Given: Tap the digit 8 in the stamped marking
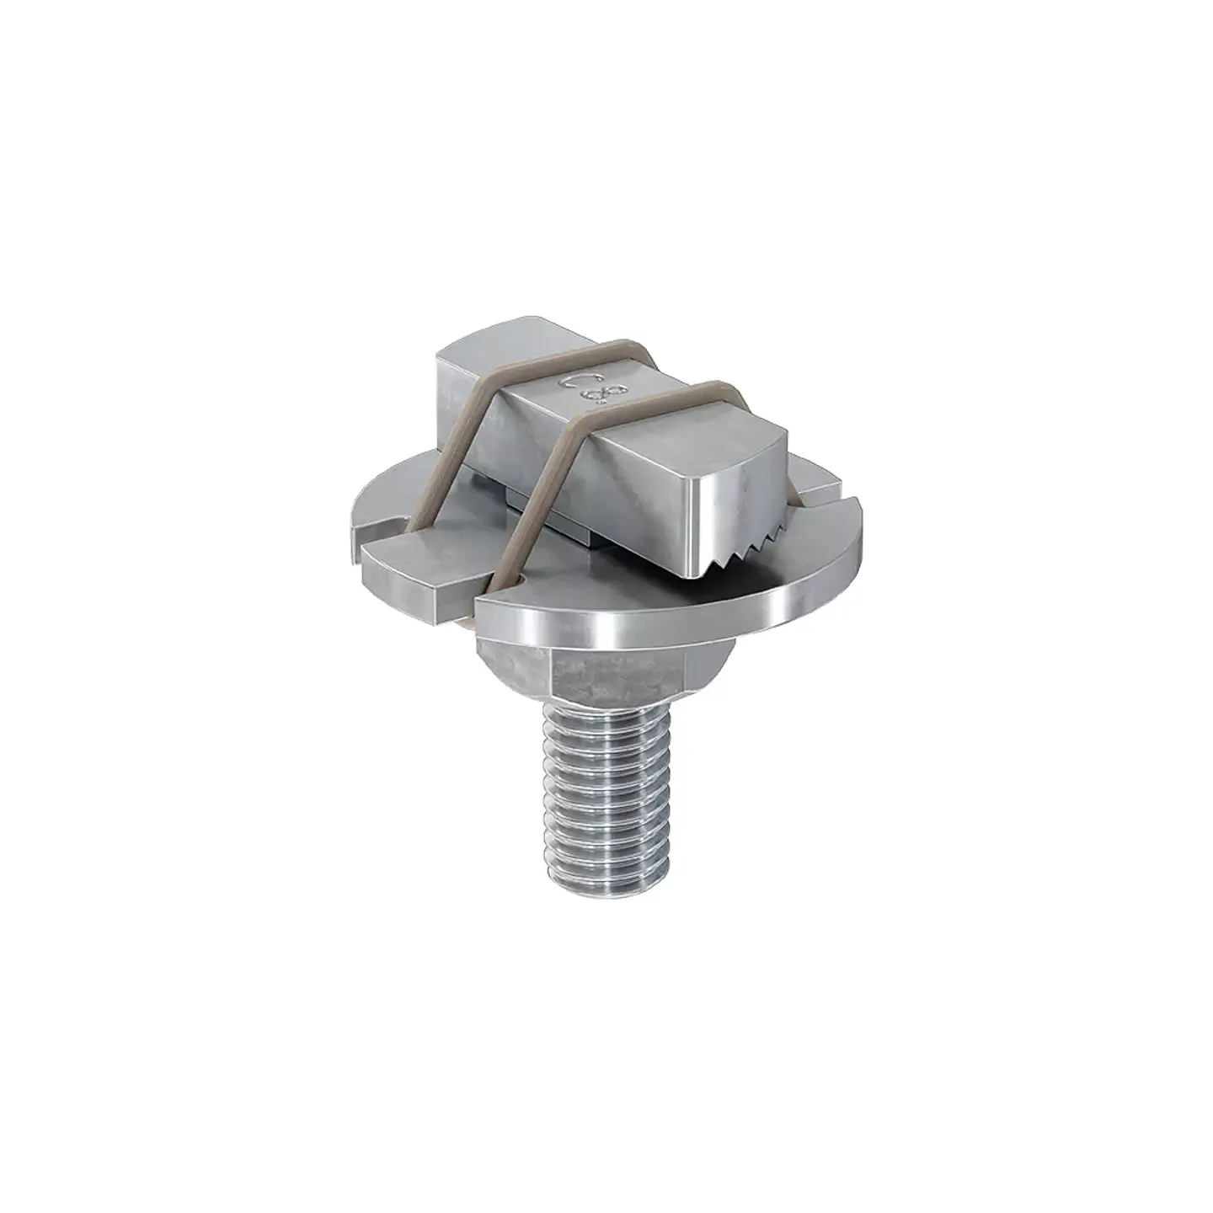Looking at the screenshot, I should click(x=600, y=397).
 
